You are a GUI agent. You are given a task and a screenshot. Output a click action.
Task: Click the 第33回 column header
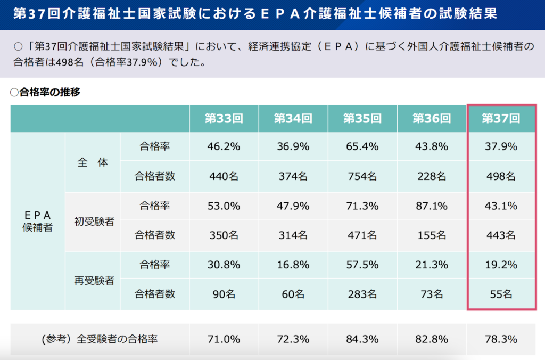(224, 119)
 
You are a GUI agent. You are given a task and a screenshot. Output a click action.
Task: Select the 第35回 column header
(362, 119)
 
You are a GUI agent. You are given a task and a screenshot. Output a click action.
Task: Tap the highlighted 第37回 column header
(500, 119)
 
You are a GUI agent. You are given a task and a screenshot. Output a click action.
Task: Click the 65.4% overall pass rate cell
(362, 146)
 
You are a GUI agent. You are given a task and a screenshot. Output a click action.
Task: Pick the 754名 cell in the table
(362, 176)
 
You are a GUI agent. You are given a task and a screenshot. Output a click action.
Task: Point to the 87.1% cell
(431, 206)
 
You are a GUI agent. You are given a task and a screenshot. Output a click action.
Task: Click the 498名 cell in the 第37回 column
(500, 176)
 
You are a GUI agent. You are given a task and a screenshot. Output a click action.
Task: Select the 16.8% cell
(293, 264)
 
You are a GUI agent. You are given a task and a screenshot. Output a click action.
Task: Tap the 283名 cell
(362, 293)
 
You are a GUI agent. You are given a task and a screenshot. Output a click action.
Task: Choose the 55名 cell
(500, 293)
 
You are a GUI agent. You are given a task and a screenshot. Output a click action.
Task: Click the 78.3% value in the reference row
(500, 339)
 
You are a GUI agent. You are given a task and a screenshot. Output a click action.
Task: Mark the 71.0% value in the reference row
(224, 339)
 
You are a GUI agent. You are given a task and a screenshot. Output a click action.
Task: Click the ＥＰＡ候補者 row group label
(37, 221)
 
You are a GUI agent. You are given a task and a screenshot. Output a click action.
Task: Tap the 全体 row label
(93, 162)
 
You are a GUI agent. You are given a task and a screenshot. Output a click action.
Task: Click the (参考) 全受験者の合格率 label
(100, 339)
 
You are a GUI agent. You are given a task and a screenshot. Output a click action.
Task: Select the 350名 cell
(224, 235)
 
